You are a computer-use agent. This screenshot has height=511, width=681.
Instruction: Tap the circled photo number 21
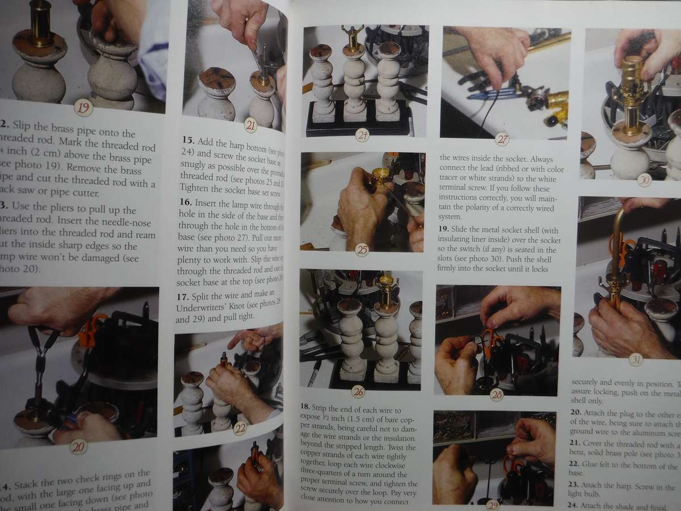[250, 124]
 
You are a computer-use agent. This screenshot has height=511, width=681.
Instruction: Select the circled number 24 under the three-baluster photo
[362, 135]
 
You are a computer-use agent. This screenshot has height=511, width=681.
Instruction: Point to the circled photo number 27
[502, 139]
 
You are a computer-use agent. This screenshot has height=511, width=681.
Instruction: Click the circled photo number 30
[644, 180]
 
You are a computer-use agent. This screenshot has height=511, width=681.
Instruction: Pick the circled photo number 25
[361, 249]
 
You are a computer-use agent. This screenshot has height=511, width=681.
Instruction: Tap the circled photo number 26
[358, 391]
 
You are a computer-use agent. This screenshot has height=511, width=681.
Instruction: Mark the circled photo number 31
[636, 359]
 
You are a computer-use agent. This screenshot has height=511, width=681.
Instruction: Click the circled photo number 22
[239, 429]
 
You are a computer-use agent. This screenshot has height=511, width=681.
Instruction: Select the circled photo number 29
[493, 504]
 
